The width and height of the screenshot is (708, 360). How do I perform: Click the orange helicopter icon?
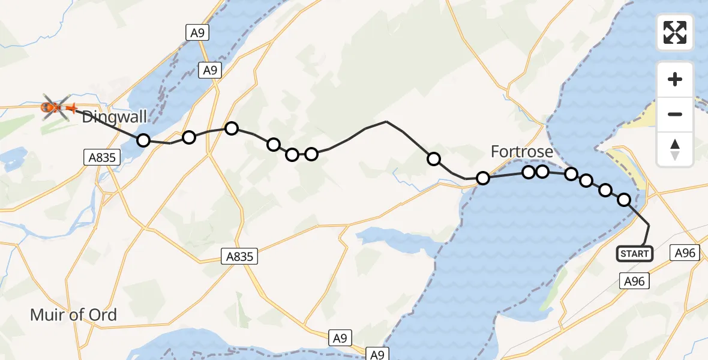click(x=55, y=107)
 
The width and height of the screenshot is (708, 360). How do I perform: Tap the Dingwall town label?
click(x=114, y=117)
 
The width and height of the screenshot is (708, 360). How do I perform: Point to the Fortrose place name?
click(x=521, y=152)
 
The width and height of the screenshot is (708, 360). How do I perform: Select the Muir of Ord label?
click(x=73, y=314)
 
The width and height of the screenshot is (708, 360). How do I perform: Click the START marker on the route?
click(x=634, y=254)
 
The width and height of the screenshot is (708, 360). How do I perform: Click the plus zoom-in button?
click(x=675, y=79)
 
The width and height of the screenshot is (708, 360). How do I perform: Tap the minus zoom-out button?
click(x=675, y=114)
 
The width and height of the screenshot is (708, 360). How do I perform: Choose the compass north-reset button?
click(x=675, y=149)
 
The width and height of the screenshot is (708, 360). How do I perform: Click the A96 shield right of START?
click(x=685, y=253)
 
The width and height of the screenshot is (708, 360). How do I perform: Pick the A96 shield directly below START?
click(x=634, y=281)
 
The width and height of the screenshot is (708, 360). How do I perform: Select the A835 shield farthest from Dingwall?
click(x=242, y=257)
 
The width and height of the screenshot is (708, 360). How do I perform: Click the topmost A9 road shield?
click(x=197, y=33)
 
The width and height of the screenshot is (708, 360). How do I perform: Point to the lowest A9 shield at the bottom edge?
click(x=377, y=355)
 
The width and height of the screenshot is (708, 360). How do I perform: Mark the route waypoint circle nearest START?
click(x=624, y=200)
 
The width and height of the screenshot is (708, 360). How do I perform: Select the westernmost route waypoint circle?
click(x=143, y=140)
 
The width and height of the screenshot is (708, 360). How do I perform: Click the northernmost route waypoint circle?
click(x=231, y=128)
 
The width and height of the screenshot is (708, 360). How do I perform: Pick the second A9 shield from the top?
click(x=209, y=70)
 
